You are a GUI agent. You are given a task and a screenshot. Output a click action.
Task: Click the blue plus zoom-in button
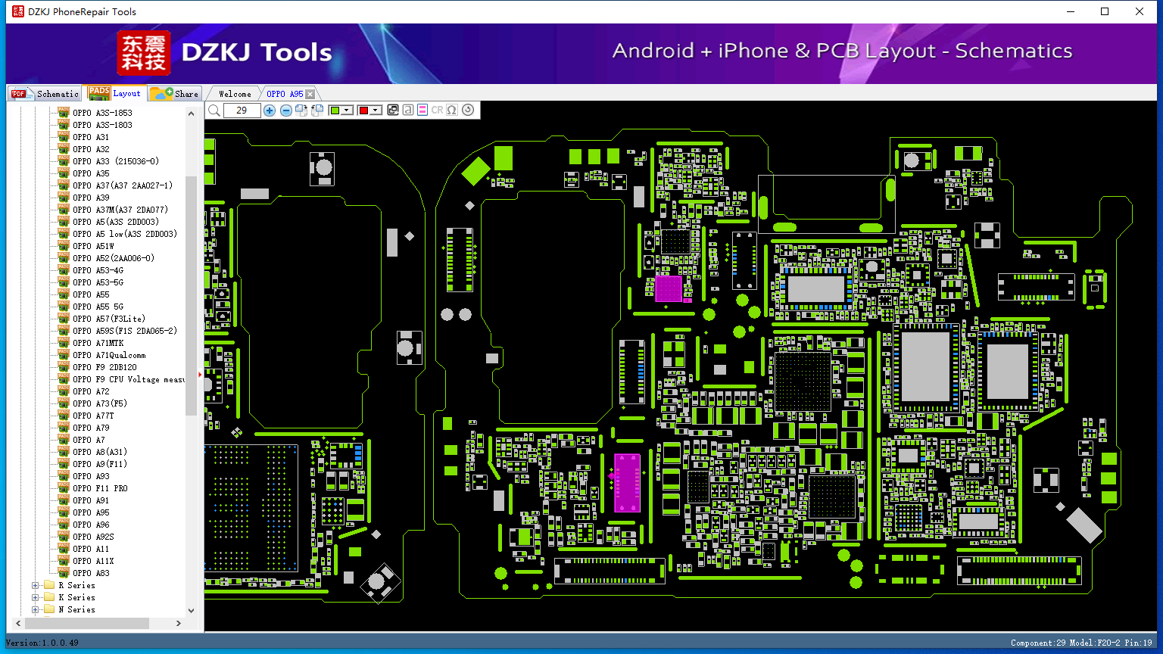(x=270, y=110)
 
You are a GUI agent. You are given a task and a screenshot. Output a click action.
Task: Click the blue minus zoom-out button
(x=285, y=110)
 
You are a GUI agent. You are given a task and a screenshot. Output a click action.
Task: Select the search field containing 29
(x=242, y=110)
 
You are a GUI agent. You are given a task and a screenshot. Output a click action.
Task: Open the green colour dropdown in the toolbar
(x=346, y=110)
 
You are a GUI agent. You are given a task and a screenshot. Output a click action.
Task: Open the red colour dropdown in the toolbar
(x=376, y=110)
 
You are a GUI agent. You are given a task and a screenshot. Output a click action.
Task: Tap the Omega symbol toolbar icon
(x=452, y=110)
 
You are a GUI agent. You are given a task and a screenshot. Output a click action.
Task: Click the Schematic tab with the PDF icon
(x=45, y=94)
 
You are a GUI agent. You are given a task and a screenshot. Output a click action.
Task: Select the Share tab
(x=175, y=94)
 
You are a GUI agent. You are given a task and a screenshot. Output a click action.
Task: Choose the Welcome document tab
(x=235, y=94)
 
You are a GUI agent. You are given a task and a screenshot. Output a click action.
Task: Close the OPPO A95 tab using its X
(x=310, y=94)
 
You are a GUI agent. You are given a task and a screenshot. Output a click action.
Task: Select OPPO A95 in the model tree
(x=91, y=512)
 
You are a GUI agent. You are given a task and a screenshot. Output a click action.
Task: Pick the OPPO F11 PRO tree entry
(x=100, y=488)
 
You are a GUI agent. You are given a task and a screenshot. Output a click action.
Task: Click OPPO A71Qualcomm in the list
(x=109, y=355)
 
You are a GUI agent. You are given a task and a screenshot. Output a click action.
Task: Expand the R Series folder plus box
(x=36, y=585)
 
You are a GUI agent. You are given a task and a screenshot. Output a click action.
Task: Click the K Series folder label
(x=76, y=597)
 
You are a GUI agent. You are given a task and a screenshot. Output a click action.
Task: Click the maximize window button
(x=1105, y=11)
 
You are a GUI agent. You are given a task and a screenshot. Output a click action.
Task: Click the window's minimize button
(x=1071, y=11)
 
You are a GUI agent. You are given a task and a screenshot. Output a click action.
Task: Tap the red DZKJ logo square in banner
(x=143, y=52)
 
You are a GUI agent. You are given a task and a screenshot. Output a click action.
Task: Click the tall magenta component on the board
(x=627, y=483)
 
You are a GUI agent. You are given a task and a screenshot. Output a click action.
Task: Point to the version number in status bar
(x=60, y=643)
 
